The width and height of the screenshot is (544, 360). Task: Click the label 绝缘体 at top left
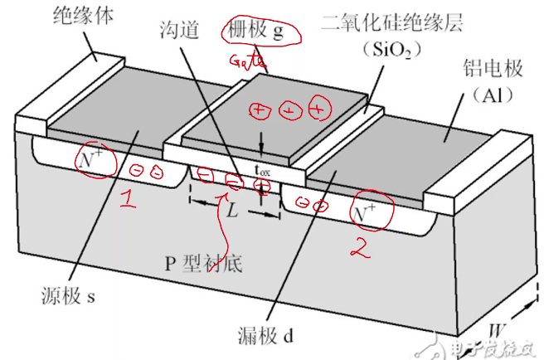pyautogui.click(x=83, y=13)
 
